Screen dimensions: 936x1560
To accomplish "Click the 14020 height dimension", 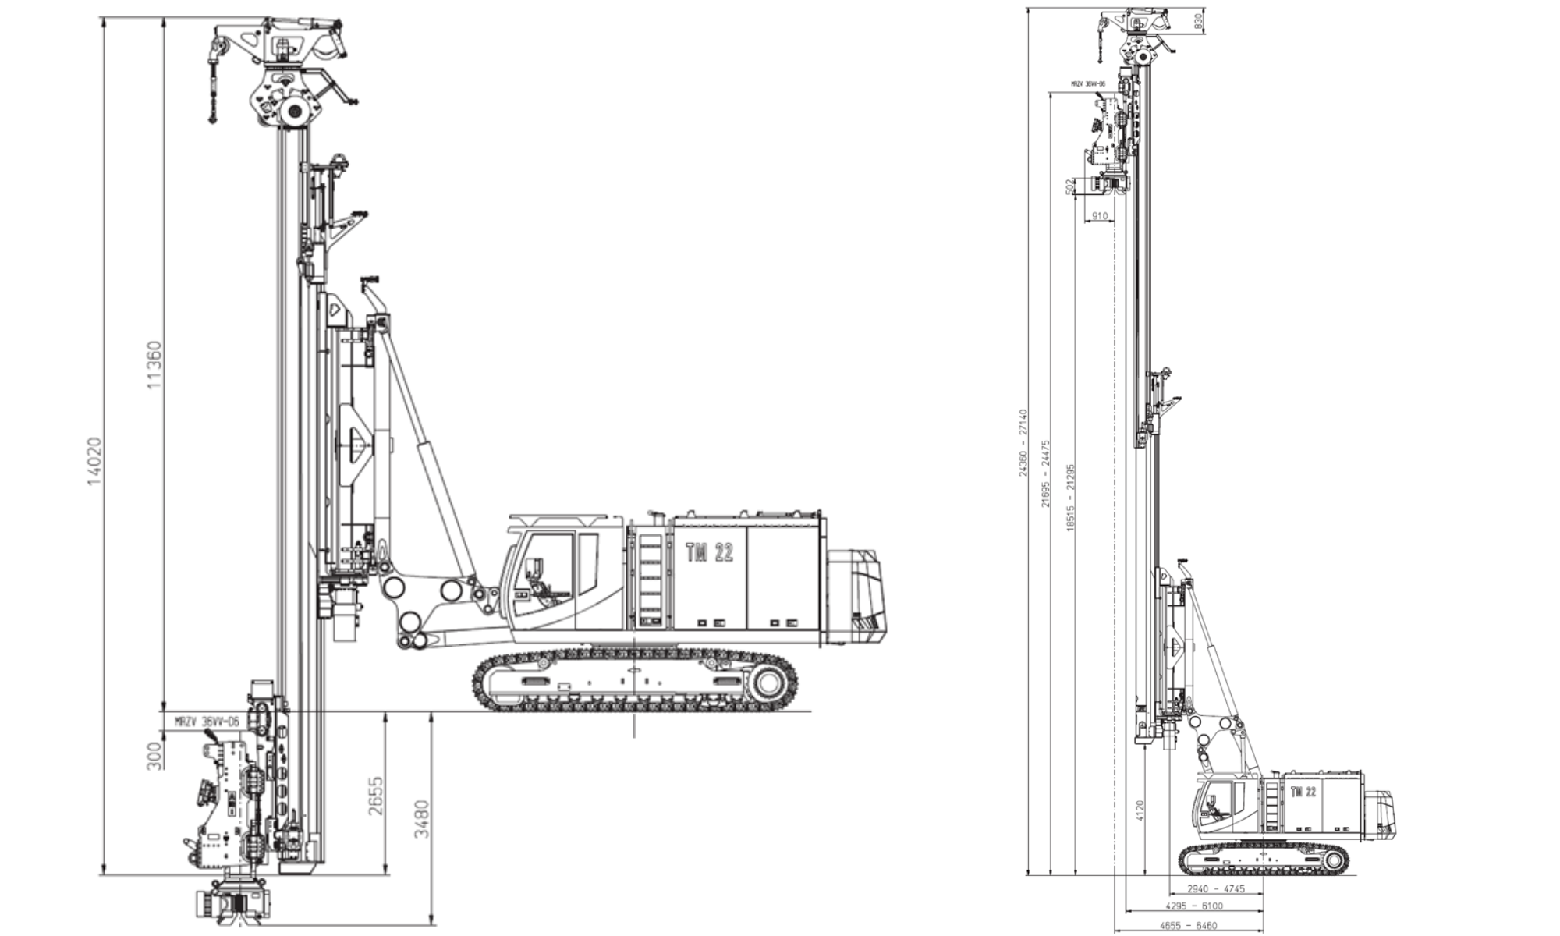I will coord(94,461).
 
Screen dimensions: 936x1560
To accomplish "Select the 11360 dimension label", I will coord(155,364).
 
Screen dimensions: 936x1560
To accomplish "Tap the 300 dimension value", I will coord(155,756).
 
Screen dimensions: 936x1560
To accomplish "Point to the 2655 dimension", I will coord(377,796).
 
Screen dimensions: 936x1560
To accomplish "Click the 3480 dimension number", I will coord(422,819).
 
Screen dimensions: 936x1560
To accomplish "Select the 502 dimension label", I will coord(1069,186).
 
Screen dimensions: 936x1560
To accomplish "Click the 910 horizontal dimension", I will coord(1099,216).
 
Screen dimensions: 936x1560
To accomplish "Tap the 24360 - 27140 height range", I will coord(1023,442).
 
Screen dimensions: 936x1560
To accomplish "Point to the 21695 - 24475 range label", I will coord(1046,473).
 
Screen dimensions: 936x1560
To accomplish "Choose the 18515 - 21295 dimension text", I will coord(1071,498).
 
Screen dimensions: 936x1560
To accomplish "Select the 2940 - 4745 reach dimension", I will coord(1215,889).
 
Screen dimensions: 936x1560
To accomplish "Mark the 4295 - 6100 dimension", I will coord(1193,906).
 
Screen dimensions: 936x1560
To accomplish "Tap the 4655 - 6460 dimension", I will coord(1188,926).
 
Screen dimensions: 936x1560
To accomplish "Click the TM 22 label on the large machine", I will coord(709,553).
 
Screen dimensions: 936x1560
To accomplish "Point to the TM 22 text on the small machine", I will coord(1303,792).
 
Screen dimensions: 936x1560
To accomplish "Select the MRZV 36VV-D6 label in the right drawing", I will coord(1088,83).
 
